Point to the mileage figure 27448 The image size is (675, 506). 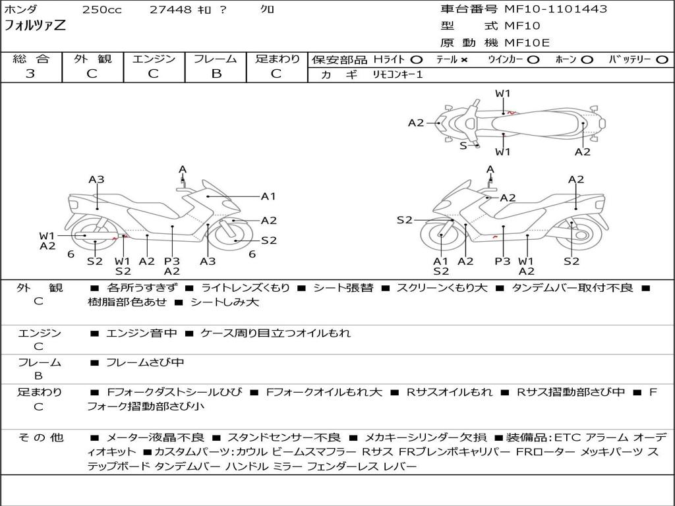[x=170, y=10]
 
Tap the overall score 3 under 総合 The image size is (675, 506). [x=30, y=74]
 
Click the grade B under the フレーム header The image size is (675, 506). [x=216, y=74]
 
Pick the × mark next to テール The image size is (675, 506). [x=464, y=59]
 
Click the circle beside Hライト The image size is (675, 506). [x=417, y=59]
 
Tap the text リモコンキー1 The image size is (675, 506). [x=397, y=74]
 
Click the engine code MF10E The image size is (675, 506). [x=527, y=43]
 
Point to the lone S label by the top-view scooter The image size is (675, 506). [x=463, y=146]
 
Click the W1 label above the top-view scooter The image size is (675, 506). [x=503, y=94]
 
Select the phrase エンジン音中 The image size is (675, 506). [x=142, y=333]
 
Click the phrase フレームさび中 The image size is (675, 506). [x=145, y=362]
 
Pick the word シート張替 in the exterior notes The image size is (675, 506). [x=343, y=288]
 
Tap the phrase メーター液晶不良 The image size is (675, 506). [x=155, y=437]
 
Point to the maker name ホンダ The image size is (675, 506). [x=21, y=10]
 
